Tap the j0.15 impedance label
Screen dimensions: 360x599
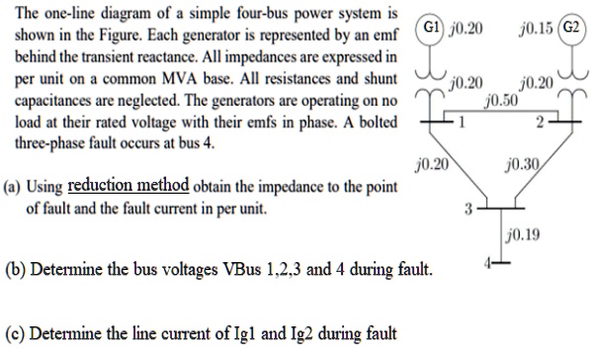click(532, 27)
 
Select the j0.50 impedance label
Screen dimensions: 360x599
click(502, 100)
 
